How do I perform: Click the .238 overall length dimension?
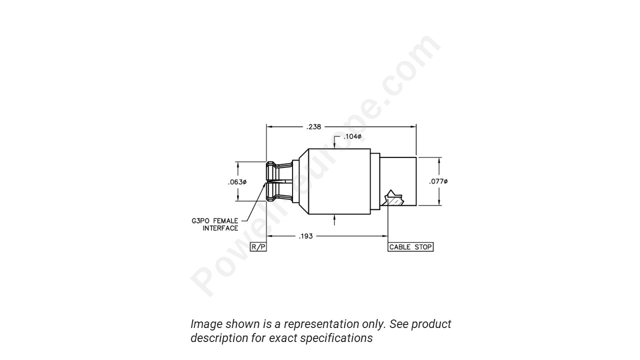(313, 127)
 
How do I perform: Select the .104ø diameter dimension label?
(352, 136)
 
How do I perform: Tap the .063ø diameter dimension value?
(237, 182)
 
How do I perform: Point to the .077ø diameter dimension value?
(438, 181)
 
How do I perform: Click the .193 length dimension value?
(305, 236)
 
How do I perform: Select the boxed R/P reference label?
(258, 247)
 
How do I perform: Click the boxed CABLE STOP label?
(410, 247)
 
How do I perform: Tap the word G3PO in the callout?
(201, 220)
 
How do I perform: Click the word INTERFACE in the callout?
(220, 228)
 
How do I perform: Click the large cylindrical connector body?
(339, 181)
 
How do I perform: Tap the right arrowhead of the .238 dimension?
(413, 127)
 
